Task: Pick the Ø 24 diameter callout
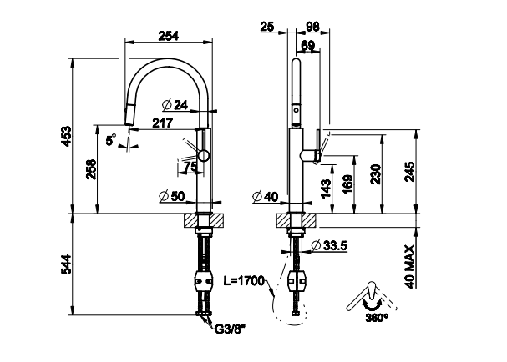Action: pos(174,104)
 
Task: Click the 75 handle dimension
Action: pos(190,167)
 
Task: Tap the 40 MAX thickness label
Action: pos(408,264)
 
